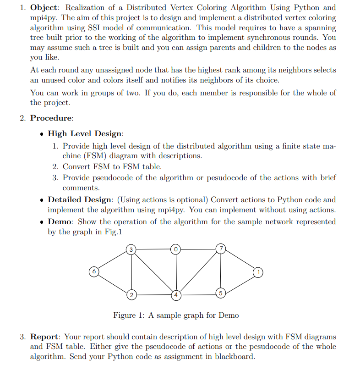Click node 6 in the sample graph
tap(94, 271)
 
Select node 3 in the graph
tap(131, 249)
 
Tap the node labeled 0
tap(176, 249)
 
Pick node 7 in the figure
tap(221, 249)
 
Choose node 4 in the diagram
tap(176, 294)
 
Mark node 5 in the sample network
tap(221, 293)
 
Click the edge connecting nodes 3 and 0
tap(154, 249)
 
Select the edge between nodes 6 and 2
tap(113, 282)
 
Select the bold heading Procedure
tap(51, 118)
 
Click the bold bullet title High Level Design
tap(85, 133)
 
